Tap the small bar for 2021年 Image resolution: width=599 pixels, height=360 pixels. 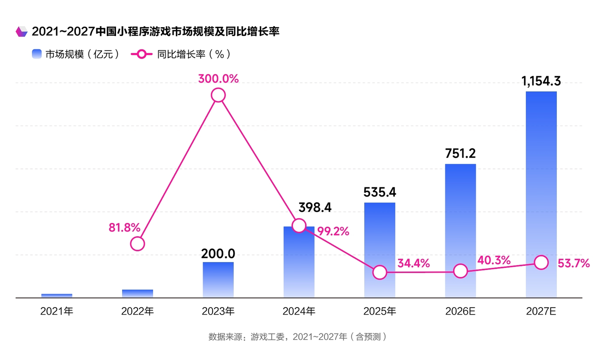57,295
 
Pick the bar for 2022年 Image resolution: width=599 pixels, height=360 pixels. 138,294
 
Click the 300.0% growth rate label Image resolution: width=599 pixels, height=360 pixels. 218,79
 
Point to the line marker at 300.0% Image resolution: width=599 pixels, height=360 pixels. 218,96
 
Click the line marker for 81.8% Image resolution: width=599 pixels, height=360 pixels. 138,243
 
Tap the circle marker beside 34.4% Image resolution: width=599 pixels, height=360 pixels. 380,272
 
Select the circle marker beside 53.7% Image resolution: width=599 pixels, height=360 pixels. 541,263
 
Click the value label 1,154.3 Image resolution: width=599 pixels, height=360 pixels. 541,81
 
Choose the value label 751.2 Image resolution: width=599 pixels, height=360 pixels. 460,153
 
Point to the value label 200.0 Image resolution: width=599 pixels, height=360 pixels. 218,253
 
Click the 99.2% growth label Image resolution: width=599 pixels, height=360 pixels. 333,231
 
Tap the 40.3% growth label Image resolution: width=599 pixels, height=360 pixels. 494,260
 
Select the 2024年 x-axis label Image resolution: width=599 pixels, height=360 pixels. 299,311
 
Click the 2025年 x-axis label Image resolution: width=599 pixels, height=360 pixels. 380,311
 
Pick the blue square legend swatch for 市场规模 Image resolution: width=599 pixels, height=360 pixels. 37,54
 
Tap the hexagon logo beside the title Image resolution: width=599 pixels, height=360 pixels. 22,32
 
